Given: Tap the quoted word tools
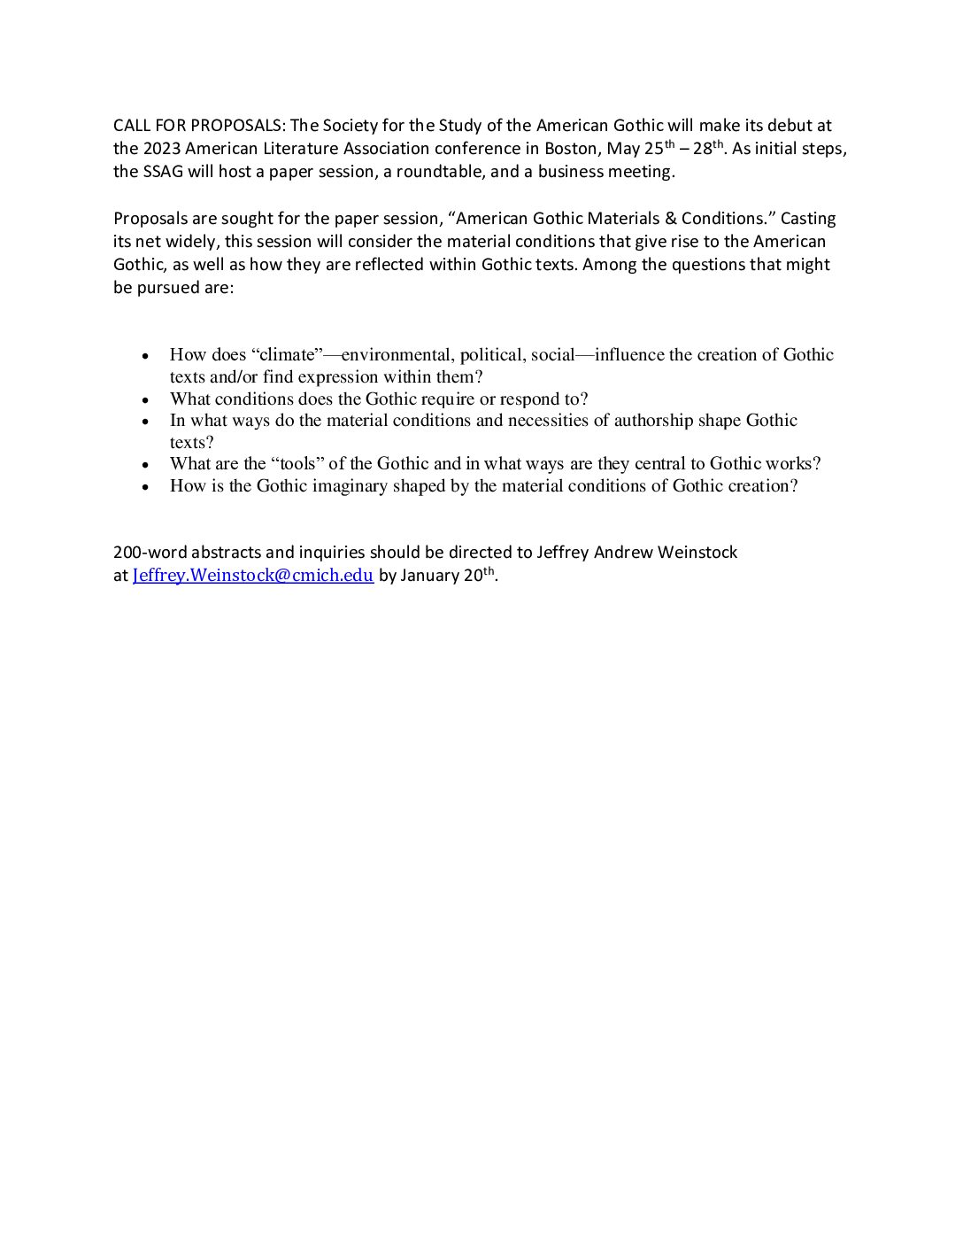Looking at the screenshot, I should [x=297, y=464].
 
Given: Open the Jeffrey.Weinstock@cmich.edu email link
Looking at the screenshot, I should [x=252, y=576].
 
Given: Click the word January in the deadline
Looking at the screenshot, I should [x=432, y=576].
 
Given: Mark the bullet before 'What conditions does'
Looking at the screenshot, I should [x=146, y=400].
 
